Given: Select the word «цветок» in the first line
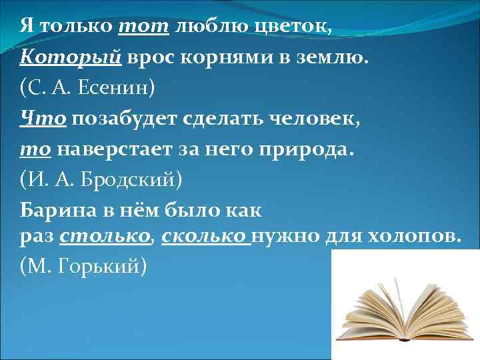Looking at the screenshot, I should [x=294, y=27].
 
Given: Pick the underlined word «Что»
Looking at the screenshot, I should [x=43, y=118].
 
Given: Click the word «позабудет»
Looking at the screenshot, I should [x=129, y=118].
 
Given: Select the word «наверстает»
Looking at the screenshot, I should [x=116, y=149].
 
